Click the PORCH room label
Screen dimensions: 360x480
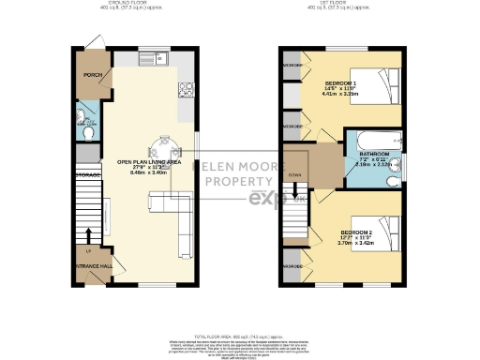(92, 76)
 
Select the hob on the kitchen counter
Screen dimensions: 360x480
(185, 91)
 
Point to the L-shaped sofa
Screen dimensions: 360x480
(174, 210)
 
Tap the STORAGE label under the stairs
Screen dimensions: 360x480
(88, 175)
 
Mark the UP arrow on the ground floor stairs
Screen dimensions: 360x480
(88, 239)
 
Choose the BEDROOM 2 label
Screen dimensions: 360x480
(359, 232)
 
